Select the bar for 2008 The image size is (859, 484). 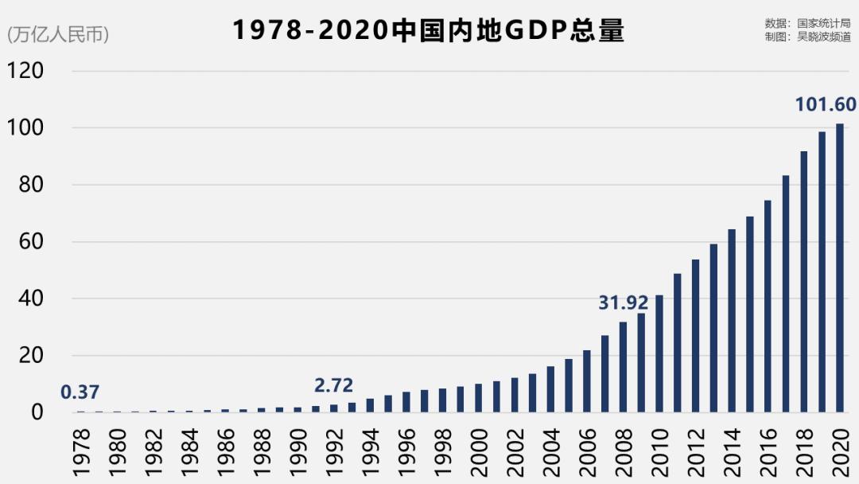coord(623,367)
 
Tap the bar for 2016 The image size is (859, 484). coord(768,306)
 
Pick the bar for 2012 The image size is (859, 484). coord(695,336)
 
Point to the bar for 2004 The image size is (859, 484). coord(550,389)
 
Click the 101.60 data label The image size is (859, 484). coord(826,105)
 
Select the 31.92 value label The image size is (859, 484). coord(624,302)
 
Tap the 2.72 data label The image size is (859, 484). coord(334,386)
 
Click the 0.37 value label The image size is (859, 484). coord(80,392)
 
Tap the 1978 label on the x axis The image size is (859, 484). coord(81,451)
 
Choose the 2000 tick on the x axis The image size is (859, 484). coord(479,451)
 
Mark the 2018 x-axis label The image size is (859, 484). coord(804,451)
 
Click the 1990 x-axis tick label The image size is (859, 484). coord(298,451)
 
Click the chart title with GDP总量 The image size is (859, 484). coord(429,30)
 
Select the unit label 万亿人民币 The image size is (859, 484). coord(58,35)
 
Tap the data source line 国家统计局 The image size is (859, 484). coord(807,23)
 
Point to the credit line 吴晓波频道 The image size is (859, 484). coord(807,36)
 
